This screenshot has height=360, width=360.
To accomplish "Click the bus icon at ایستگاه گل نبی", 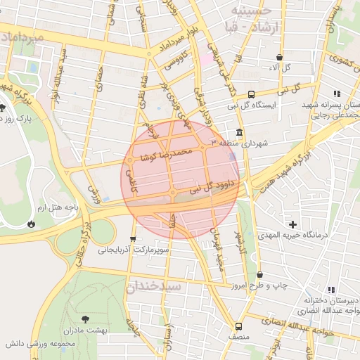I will (x=252, y=93).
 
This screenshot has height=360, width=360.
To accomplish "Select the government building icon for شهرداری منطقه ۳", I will (x=240, y=133).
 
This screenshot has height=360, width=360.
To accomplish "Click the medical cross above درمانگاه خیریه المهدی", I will (x=292, y=224).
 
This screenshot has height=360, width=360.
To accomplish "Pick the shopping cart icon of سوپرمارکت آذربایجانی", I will (x=132, y=239).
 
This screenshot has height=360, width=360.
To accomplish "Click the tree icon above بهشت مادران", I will (x=85, y=319).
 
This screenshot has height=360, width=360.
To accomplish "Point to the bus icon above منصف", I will (x=238, y=326).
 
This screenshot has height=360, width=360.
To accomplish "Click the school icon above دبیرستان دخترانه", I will (x=331, y=290).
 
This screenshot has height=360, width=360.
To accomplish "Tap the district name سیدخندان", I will (x=154, y=287).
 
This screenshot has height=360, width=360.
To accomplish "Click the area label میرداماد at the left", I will (x=22, y=35).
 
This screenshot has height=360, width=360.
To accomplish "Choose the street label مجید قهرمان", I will (x=219, y=247).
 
